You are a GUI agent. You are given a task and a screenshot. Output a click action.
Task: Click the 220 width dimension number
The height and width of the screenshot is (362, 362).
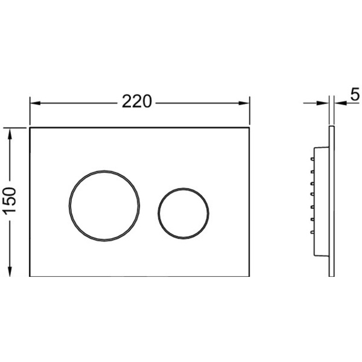(x=137, y=101)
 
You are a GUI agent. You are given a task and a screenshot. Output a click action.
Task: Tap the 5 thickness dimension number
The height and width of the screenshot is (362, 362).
(x=355, y=94)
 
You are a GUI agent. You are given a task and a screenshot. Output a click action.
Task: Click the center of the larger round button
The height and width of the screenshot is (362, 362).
(x=104, y=206)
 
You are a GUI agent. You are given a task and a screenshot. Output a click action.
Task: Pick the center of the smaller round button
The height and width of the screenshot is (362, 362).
(x=184, y=213)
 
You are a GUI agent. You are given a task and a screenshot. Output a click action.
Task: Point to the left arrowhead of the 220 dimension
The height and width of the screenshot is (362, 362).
(x=35, y=103)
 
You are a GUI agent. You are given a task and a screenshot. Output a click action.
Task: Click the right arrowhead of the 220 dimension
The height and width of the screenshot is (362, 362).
(x=244, y=103)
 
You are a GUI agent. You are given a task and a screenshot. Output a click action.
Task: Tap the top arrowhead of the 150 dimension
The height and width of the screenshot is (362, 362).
(x=9, y=134)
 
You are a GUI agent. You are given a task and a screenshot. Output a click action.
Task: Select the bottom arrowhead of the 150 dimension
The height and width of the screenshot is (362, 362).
(x=9, y=271)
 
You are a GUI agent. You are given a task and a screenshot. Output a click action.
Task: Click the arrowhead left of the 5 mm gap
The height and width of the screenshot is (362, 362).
(x=323, y=103)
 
